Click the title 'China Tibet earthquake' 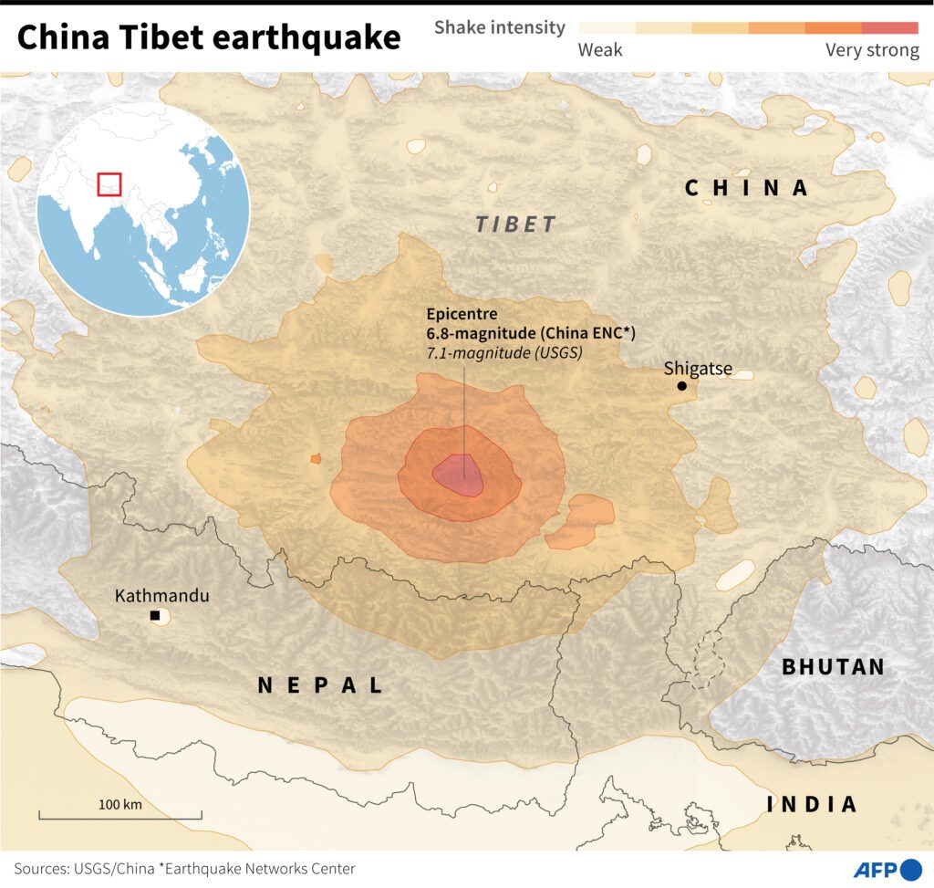pos(208,38)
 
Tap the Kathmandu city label pos(161,596)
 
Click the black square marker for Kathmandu pos(155,617)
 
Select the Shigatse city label pos(697,369)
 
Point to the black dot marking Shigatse pos(682,387)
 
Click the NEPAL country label pos(321,685)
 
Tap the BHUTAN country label pos(833,667)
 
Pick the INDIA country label pos(812,804)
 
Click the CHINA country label pos(747,188)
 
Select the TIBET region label pos(515,225)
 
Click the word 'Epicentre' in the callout pos(462,315)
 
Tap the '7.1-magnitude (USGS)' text pos(504,352)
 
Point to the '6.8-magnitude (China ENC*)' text pos(531,334)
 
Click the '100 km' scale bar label pos(120,804)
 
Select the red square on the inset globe pos(109,183)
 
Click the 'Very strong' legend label pos(872,50)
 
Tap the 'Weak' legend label pos(600,50)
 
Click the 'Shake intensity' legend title pos(499,27)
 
